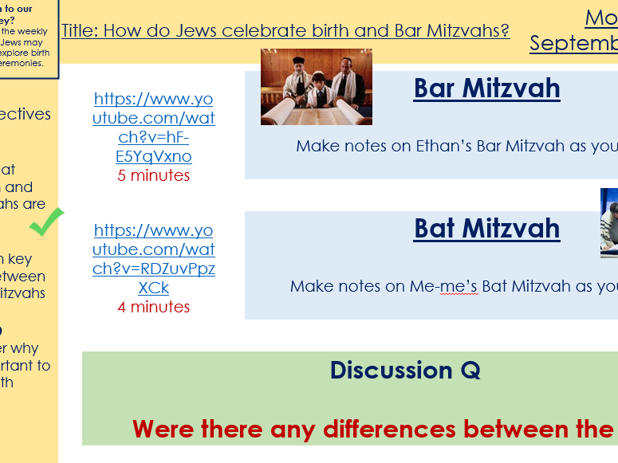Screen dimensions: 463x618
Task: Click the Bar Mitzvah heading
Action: click(x=486, y=88)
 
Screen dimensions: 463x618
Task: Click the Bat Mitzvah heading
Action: click(x=486, y=229)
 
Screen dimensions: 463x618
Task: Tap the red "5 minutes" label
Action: click(x=154, y=175)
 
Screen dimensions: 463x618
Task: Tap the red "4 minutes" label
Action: click(x=154, y=307)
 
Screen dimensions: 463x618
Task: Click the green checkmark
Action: click(x=46, y=222)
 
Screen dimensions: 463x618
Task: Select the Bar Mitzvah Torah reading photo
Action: click(x=316, y=88)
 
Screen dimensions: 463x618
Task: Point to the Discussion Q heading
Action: click(x=405, y=371)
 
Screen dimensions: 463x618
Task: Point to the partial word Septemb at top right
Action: click(x=573, y=43)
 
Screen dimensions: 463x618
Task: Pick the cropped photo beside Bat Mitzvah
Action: click(x=609, y=223)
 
